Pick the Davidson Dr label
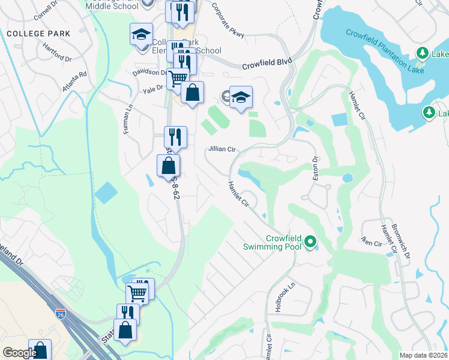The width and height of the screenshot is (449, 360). click(149, 72)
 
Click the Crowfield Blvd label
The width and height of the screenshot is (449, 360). click(267, 67)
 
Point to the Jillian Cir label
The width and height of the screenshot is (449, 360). click(221, 149)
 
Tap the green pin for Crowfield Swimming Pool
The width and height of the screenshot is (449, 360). click(310, 242)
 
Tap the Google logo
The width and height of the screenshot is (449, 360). click(19, 353)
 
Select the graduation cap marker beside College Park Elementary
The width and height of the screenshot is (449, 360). click(141, 34)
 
